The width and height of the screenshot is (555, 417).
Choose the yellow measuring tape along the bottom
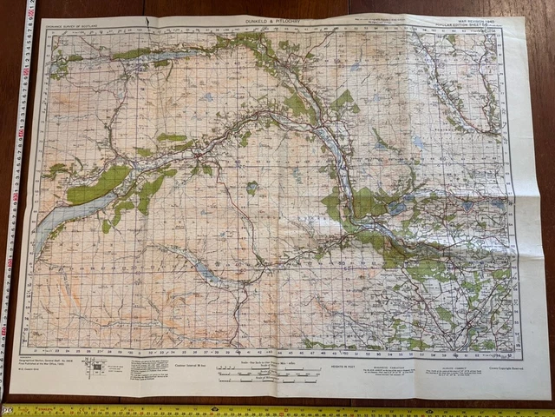277,410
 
